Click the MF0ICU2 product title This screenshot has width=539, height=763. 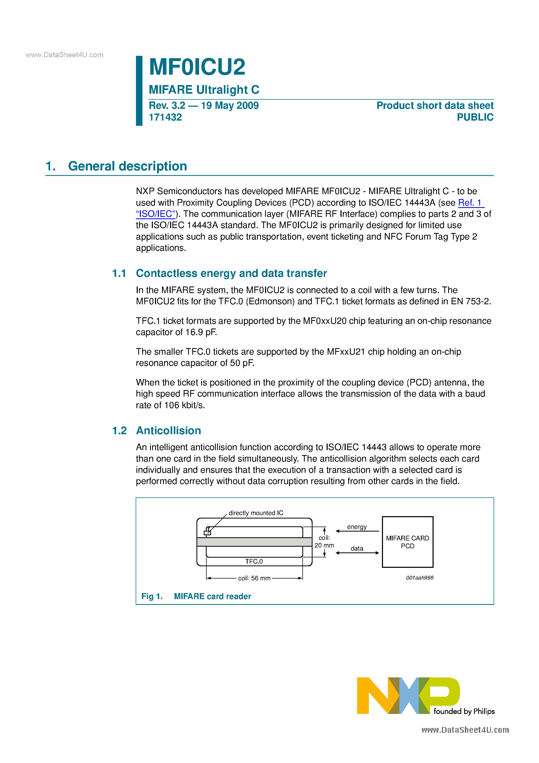[197, 67]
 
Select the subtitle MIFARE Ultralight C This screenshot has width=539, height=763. [204, 90]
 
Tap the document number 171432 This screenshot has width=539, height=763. [165, 117]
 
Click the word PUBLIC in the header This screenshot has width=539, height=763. [475, 117]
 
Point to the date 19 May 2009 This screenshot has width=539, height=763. [230, 106]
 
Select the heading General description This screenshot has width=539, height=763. [127, 166]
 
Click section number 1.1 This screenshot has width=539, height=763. [119, 273]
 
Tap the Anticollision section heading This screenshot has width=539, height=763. [169, 431]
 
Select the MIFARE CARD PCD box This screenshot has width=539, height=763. [408, 542]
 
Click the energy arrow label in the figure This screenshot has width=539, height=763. [357, 527]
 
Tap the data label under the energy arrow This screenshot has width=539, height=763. [357, 549]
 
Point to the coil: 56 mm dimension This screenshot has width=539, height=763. [254, 578]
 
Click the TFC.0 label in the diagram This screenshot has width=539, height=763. [254, 562]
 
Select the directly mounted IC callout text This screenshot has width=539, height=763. [256, 513]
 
